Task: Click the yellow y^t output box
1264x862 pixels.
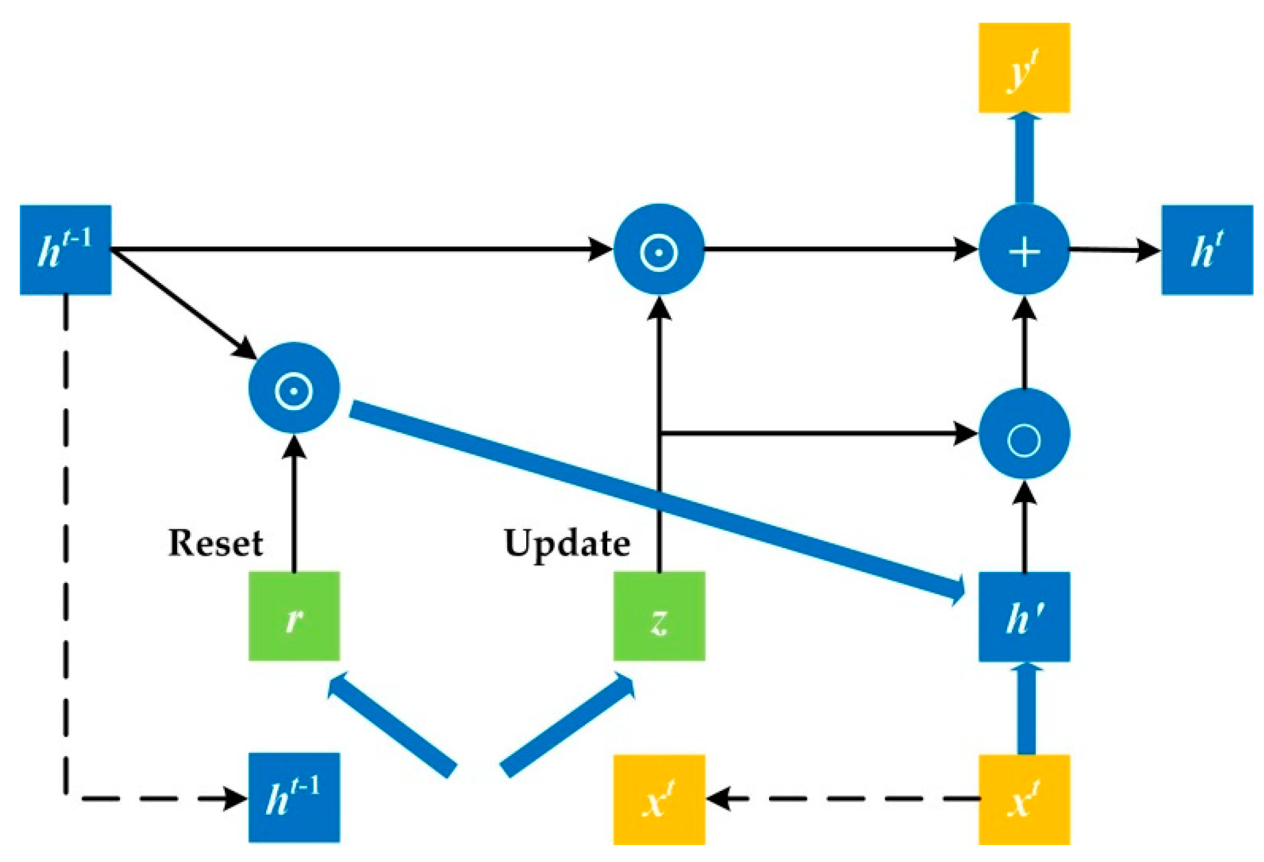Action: point(1024,68)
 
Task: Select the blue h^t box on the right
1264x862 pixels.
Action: point(1206,250)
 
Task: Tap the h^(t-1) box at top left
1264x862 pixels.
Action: point(65,250)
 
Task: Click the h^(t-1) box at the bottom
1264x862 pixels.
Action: point(294,797)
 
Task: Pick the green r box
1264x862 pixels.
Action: point(294,616)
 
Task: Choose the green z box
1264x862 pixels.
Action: point(659,616)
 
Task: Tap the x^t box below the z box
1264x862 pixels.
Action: point(659,799)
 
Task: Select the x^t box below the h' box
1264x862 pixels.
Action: point(1024,799)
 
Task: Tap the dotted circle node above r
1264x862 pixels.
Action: point(294,388)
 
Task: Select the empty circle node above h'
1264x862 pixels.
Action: point(1024,434)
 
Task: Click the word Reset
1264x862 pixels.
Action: point(215,543)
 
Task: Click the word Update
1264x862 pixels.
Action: point(567,543)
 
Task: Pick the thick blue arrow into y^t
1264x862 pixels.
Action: point(1024,157)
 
